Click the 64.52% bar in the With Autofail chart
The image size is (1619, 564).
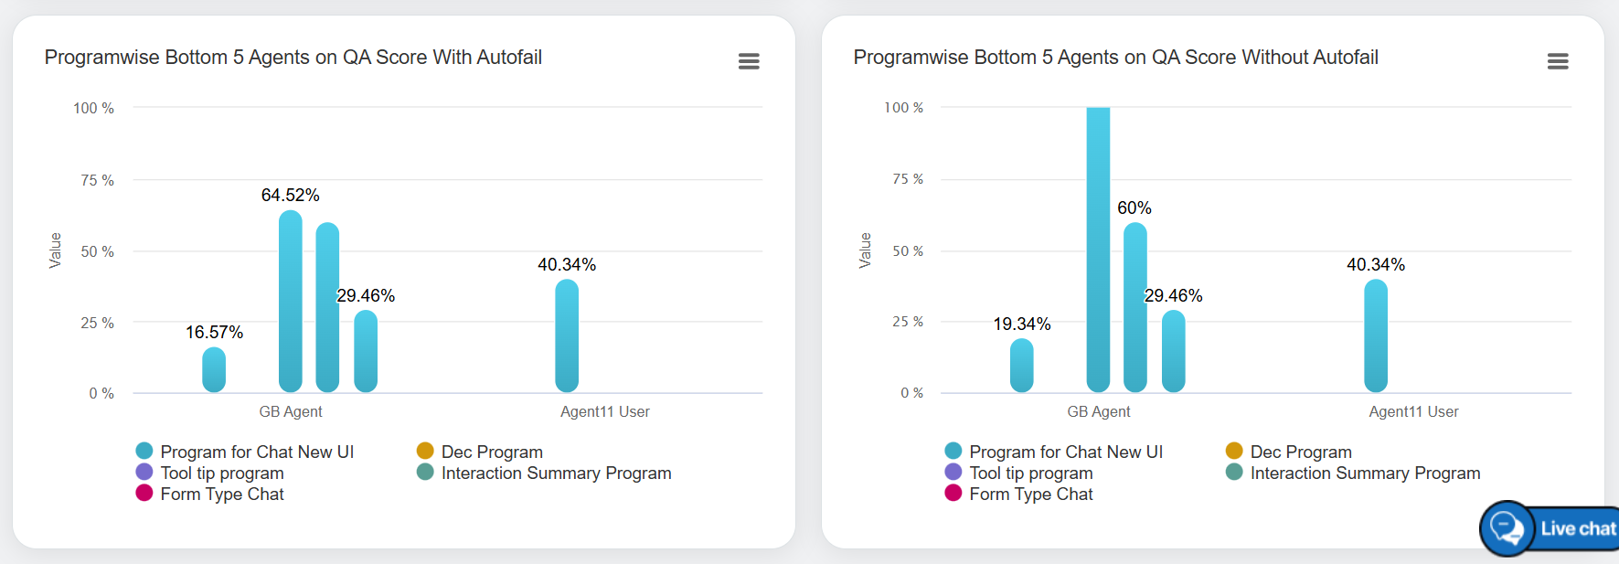(291, 302)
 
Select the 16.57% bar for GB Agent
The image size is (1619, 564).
(214, 370)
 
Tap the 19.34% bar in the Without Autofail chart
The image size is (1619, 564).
(1022, 366)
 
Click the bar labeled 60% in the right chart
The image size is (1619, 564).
(1135, 307)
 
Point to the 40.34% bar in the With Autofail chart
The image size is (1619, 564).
(567, 335)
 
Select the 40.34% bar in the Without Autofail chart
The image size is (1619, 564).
(1376, 335)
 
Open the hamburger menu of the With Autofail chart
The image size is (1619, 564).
(749, 61)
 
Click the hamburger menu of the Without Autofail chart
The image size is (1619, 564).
(1558, 61)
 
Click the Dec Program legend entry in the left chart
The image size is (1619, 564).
(492, 452)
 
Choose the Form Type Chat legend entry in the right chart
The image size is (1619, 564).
(1030, 495)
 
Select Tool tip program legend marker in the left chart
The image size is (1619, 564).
(144, 473)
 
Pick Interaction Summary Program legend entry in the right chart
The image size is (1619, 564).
(1365, 474)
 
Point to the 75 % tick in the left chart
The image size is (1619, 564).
(97, 181)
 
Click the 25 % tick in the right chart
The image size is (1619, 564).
(908, 322)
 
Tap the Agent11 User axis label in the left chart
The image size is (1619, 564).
(605, 412)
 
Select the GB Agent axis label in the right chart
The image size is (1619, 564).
(1099, 412)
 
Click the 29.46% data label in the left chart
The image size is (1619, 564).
(366, 296)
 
